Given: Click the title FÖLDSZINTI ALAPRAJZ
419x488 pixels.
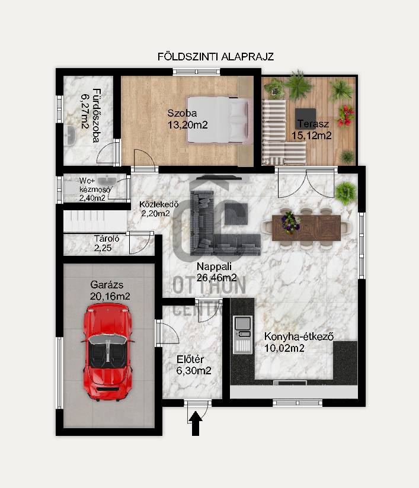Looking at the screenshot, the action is point(216,57).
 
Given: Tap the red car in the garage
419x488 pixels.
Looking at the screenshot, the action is point(108,352).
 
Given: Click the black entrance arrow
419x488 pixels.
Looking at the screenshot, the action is point(196,423).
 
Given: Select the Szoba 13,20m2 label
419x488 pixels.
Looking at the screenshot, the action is point(187,119).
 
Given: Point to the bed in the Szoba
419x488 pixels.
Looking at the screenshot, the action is point(219,120).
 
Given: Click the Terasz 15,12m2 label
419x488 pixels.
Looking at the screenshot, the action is point(312,130).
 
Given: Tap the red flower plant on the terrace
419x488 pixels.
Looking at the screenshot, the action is point(346,115).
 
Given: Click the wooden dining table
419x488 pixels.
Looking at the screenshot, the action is point(306,227).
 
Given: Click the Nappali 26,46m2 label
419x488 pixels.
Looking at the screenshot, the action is point(216,272).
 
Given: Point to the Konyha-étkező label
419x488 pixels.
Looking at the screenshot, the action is point(299,336).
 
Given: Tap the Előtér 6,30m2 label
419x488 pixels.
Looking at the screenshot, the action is point(194,365).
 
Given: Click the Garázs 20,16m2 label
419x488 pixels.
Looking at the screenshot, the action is point(110,290).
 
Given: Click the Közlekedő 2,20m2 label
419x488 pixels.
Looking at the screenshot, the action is point(159,209).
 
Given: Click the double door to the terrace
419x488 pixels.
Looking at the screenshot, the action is point(306,183).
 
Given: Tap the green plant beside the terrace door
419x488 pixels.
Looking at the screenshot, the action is point(346,193).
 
